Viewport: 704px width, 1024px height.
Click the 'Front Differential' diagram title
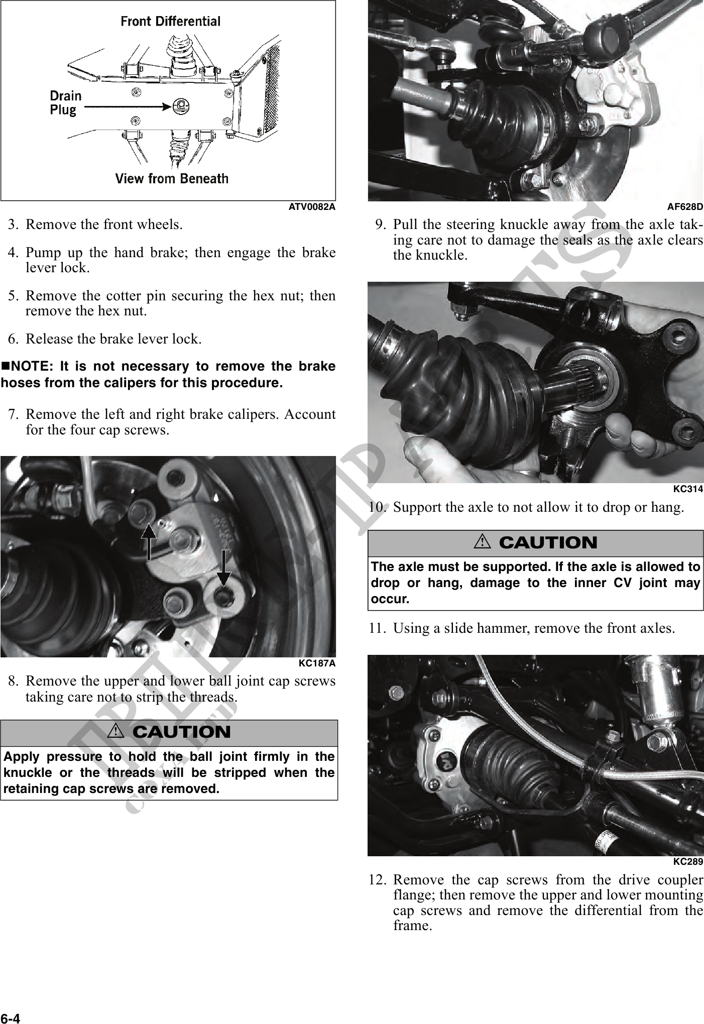pos(170,22)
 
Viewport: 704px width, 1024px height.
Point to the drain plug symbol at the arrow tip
pos(180,105)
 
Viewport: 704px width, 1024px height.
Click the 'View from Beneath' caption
pos(172,178)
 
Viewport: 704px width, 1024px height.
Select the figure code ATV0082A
pos(311,206)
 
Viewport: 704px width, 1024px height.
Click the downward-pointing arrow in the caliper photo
pos(223,568)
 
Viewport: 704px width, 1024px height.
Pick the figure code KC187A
pos(316,663)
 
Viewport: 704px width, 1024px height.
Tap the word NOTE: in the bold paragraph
pos(30,367)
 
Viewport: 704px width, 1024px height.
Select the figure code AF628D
pos(684,206)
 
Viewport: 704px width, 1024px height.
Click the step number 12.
pos(377,880)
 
